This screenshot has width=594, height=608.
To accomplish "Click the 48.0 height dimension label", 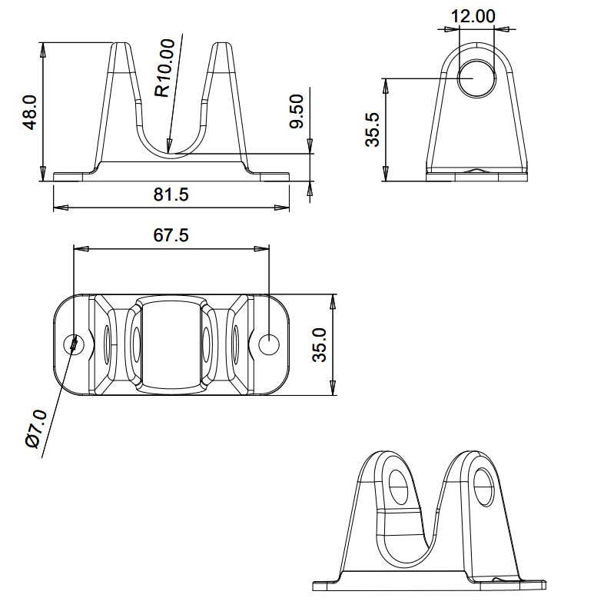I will (30, 112).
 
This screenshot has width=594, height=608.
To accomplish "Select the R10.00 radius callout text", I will (164, 69).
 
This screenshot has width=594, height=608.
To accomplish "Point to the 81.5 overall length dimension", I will (171, 194).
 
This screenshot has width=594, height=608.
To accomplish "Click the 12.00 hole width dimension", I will (473, 15).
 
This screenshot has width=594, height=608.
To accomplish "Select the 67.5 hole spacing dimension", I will (171, 235).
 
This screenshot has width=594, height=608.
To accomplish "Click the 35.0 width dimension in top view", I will (320, 344).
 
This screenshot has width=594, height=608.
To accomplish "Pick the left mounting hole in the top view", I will (75, 344).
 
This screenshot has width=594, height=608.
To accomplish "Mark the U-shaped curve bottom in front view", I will (171, 152).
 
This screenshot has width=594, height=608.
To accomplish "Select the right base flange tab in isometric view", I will (523, 585).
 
